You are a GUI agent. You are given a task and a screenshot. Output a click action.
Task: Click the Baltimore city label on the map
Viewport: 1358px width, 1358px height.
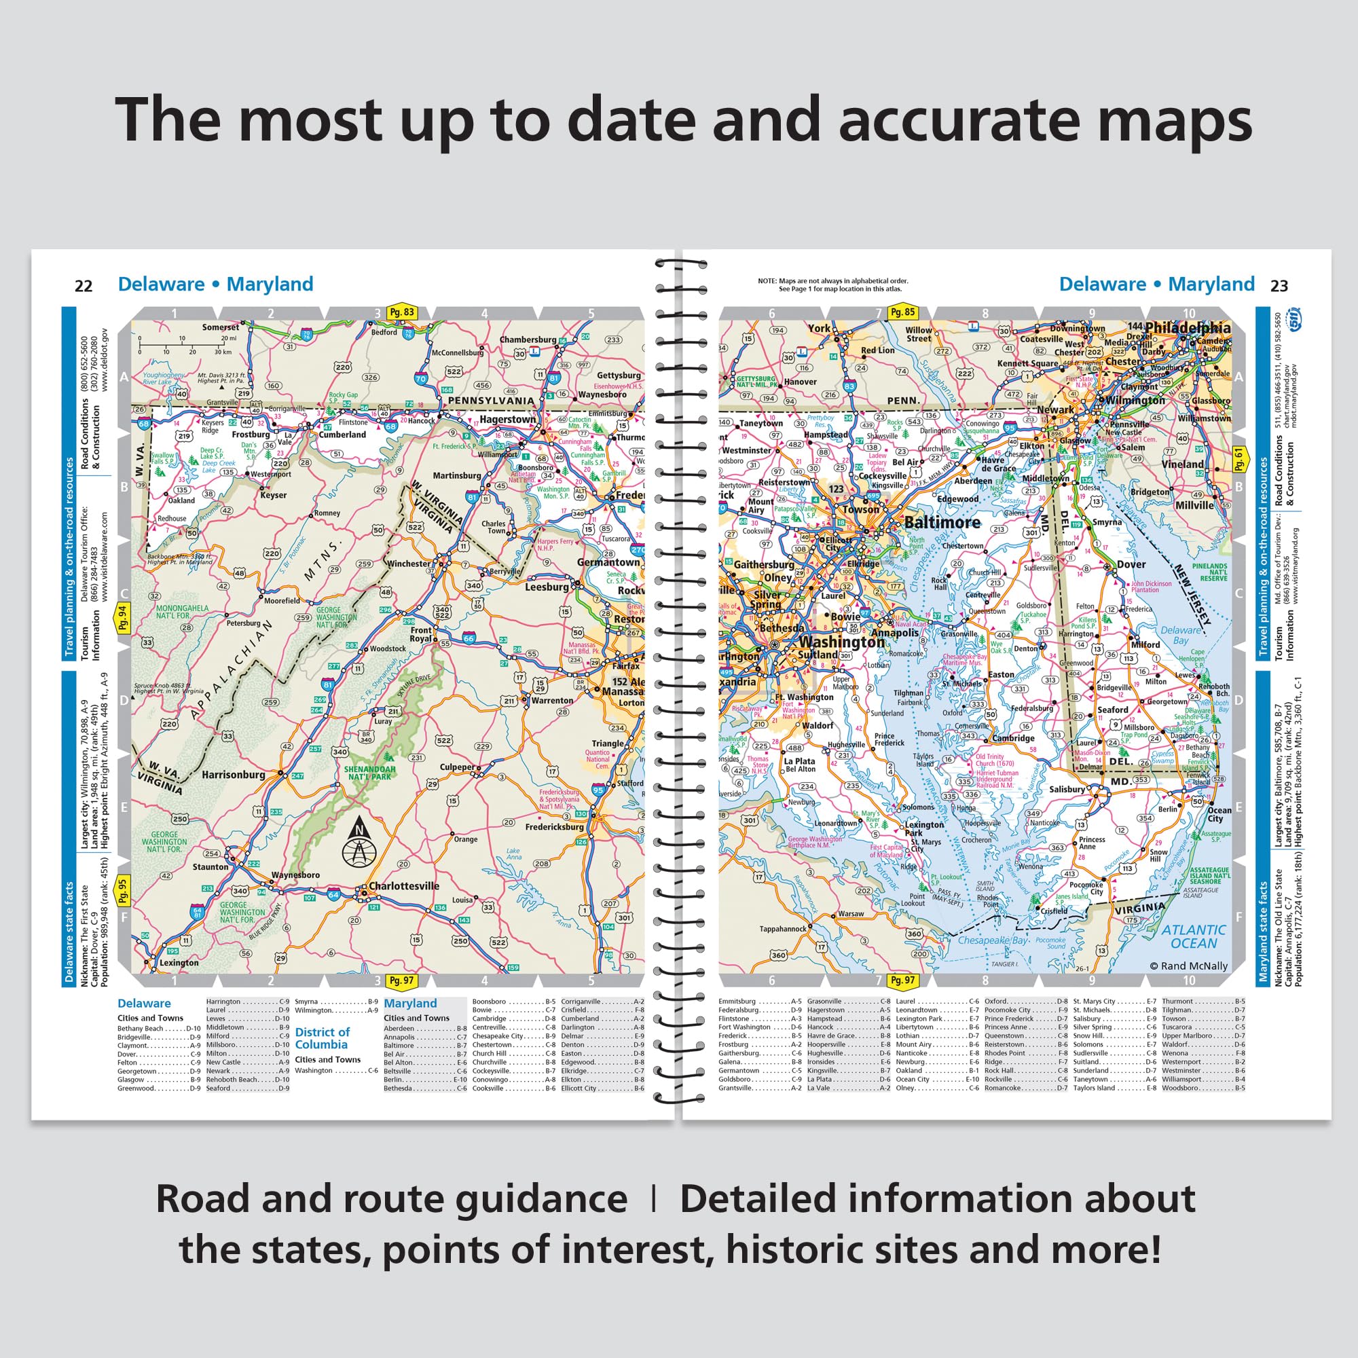click(x=941, y=522)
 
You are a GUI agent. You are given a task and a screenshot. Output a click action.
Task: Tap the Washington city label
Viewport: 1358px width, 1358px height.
click(x=841, y=642)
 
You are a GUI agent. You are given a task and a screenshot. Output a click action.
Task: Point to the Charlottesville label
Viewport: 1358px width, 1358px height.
click(x=403, y=886)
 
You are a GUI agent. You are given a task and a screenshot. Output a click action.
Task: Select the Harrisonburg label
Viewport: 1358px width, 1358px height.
click(x=234, y=775)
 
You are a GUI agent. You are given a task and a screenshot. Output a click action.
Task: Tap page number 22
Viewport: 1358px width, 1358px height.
click(x=84, y=286)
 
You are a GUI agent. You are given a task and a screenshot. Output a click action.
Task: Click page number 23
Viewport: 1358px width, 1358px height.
click(x=1279, y=286)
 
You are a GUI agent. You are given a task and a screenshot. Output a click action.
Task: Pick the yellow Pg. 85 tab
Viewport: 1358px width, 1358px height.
click(x=902, y=313)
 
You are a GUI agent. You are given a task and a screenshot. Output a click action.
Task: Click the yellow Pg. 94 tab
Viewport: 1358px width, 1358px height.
click(x=123, y=619)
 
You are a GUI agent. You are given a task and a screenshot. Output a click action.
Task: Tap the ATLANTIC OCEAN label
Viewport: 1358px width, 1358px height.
click(x=1194, y=937)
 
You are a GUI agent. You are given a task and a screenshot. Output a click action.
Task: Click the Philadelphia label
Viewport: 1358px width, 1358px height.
click(x=1187, y=327)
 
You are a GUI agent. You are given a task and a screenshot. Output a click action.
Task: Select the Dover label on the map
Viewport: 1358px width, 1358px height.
click(x=1131, y=564)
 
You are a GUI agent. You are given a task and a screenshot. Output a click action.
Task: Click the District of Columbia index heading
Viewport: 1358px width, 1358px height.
click(x=322, y=1038)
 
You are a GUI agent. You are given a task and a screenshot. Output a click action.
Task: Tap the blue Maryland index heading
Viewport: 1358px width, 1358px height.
click(x=410, y=1004)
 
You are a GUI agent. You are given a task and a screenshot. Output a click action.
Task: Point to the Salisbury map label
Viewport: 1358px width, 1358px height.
click(x=1067, y=790)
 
